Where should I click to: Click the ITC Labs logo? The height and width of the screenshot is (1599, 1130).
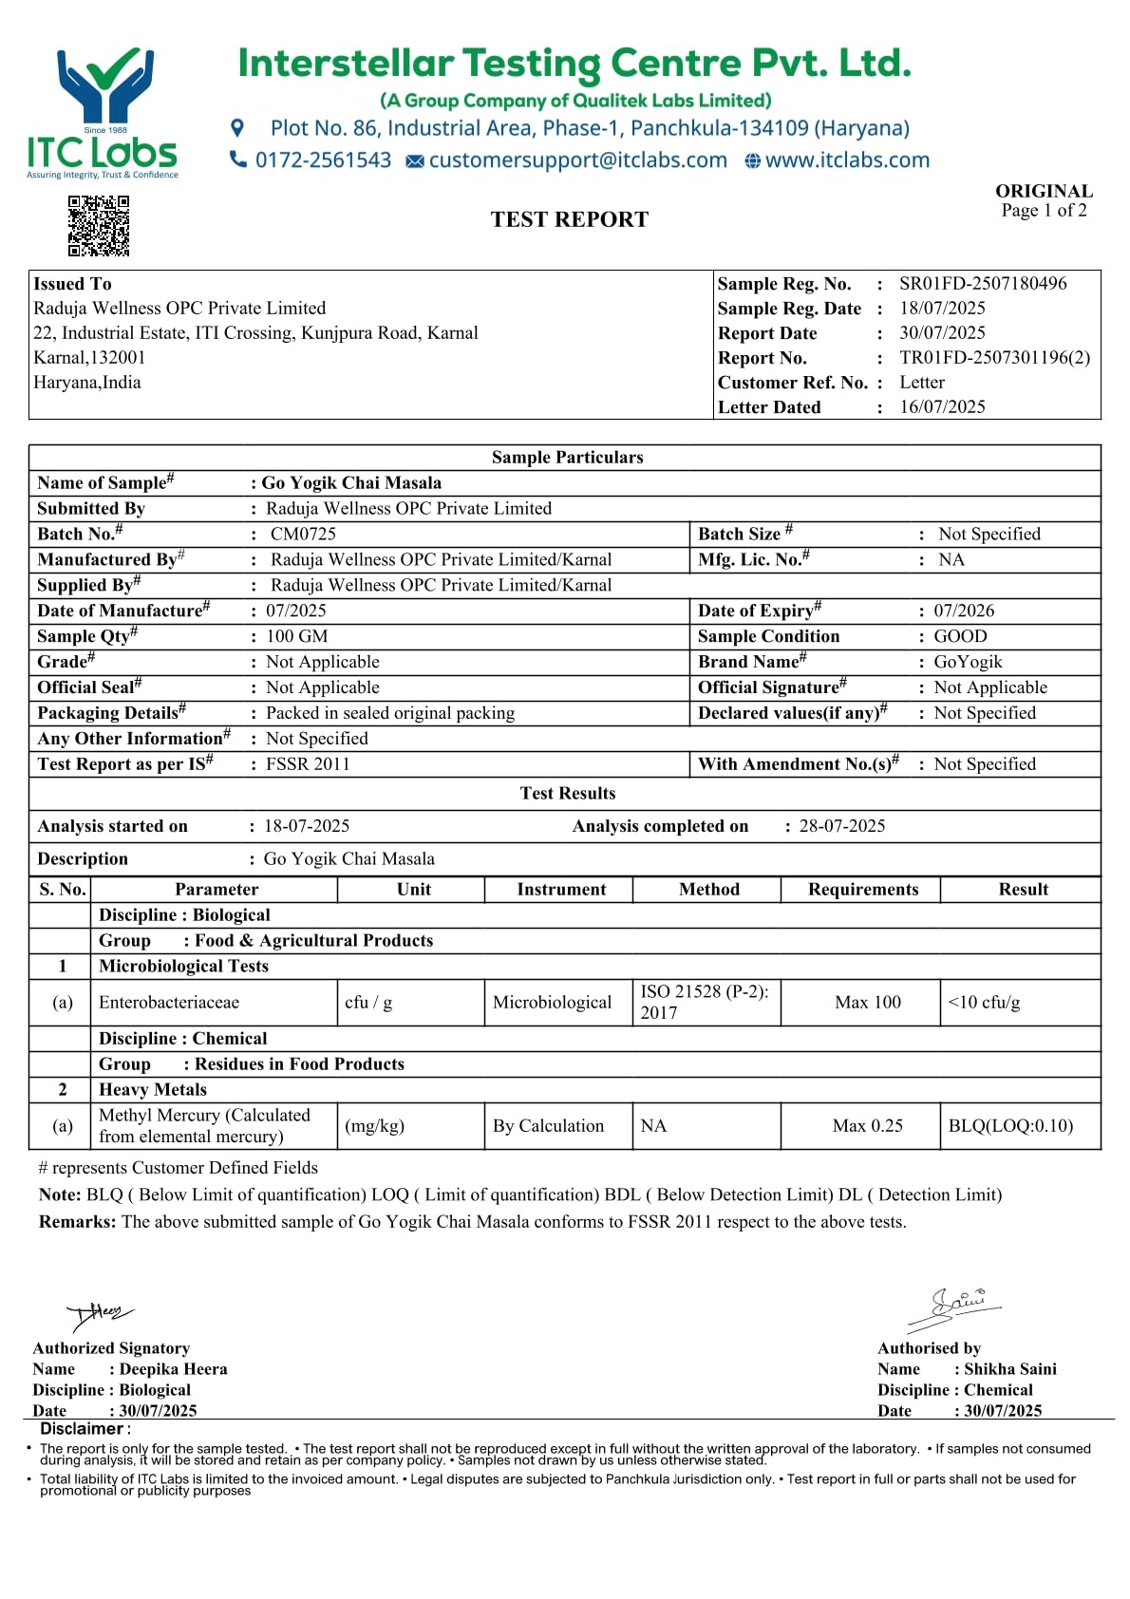point(103,112)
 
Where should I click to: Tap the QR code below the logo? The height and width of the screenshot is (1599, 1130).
point(99,226)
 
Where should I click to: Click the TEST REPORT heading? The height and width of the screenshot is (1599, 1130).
point(569,220)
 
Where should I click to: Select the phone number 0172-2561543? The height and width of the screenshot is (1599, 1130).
point(323,160)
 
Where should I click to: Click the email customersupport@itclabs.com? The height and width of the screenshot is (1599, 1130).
point(577,160)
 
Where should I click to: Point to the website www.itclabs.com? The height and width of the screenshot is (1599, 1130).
point(847,160)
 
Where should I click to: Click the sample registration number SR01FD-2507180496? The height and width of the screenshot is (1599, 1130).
point(983,284)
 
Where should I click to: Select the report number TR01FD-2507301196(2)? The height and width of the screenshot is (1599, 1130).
point(994,358)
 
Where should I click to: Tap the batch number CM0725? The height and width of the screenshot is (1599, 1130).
point(303,535)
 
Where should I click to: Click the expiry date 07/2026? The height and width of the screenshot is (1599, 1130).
point(964,611)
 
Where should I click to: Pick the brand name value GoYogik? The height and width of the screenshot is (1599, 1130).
point(968,662)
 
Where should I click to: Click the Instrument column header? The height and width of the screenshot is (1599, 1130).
point(561,890)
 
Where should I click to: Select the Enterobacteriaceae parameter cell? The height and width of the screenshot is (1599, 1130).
point(169,1003)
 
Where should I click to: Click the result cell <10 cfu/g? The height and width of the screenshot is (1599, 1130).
point(984,1003)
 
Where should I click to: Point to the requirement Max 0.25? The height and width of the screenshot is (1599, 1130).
point(867,1126)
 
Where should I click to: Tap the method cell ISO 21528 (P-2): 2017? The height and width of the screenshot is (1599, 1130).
point(705,1003)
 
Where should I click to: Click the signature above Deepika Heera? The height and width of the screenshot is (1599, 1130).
point(100,1315)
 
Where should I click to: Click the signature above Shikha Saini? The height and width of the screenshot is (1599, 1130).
point(954,1308)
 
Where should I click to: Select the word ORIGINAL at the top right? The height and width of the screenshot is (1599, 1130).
point(1044,191)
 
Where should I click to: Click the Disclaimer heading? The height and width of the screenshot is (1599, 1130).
point(83,1429)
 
